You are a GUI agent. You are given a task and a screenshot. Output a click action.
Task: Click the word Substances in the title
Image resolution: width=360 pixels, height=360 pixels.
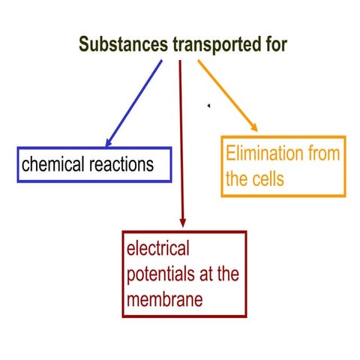(x=124, y=43)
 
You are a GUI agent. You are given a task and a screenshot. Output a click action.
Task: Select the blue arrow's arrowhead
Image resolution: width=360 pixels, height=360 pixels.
(x=109, y=142)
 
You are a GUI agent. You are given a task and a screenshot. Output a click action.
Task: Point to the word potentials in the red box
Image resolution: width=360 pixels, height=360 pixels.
(x=160, y=274)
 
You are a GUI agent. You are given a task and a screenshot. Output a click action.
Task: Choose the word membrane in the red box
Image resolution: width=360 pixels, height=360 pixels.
(x=164, y=300)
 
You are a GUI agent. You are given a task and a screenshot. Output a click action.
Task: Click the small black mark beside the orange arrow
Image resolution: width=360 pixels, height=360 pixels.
(x=208, y=106)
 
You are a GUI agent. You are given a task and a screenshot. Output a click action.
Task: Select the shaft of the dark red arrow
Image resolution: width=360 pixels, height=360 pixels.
(x=181, y=135)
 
